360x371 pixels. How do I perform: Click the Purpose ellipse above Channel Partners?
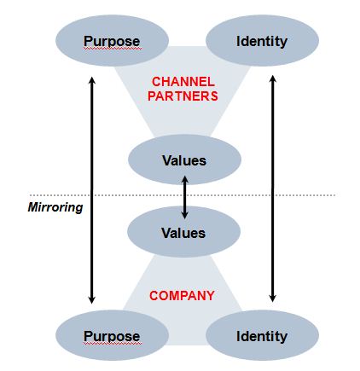(x=112, y=41)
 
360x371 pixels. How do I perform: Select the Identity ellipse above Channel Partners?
(x=262, y=41)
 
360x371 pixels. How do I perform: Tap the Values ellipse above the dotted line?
(x=184, y=159)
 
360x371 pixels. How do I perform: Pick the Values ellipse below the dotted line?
(x=183, y=232)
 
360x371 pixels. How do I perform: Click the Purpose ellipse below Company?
(x=112, y=335)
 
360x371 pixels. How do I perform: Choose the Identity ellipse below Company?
(x=262, y=335)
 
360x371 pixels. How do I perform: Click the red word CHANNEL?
(x=183, y=82)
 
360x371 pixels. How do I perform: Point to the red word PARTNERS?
(x=183, y=96)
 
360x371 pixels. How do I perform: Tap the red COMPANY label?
(x=182, y=296)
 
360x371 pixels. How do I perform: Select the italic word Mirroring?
(x=55, y=207)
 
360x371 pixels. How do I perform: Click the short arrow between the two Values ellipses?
(x=185, y=197)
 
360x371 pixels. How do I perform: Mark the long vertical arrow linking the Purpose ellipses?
(x=91, y=190)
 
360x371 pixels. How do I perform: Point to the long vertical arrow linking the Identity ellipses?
(x=272, y=188)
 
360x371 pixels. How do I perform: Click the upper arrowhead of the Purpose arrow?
(x=91, y=80)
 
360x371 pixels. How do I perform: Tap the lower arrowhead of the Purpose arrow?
(x=91, y=300)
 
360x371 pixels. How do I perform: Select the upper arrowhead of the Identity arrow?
(x=272, y=78)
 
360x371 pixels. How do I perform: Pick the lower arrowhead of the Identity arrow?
(x=272, y=299)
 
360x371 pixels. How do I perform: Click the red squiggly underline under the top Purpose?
(x=112, y=49)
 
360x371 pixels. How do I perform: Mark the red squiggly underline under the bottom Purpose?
(x=112, y=344)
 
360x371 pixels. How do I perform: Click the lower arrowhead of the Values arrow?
(x=185, y=215)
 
